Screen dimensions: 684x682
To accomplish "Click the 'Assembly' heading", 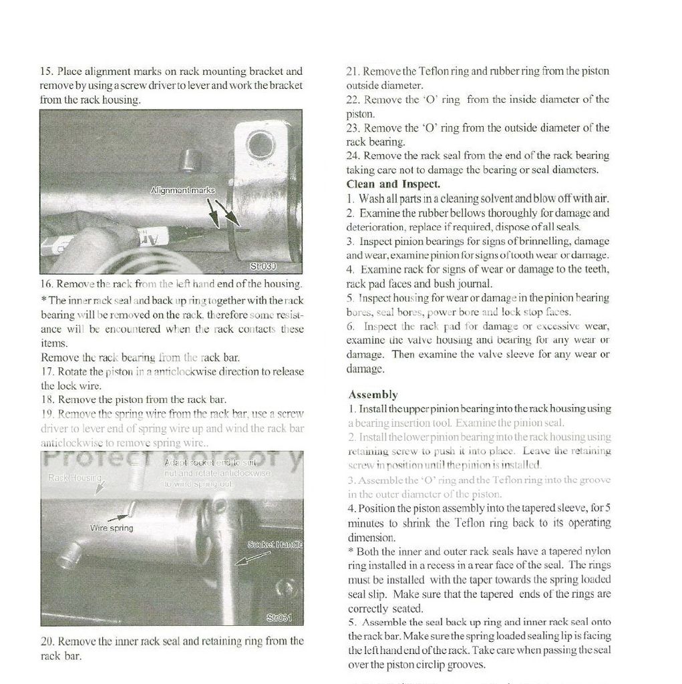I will [x=373, y=395].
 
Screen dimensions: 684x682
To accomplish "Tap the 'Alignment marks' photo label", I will [x=182, y=190].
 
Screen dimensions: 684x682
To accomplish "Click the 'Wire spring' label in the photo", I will [x=112, y=528].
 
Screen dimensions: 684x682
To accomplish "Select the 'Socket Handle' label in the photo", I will [x=275, y=544].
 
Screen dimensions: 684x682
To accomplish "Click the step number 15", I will [x=46, y=71].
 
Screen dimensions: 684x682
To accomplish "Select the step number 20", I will [x=47, y=641].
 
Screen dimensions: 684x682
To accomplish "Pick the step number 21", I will [x=352, y=71].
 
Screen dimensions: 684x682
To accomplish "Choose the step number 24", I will [x=352, y=156].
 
